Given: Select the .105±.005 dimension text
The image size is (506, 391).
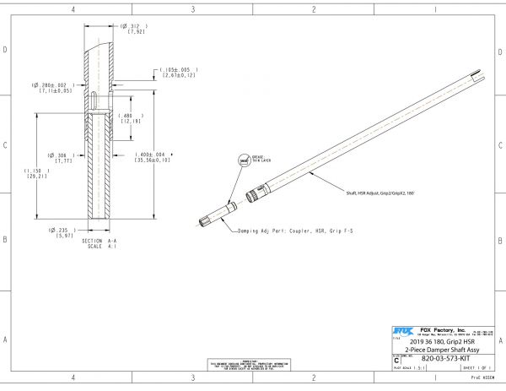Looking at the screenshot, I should click(179, 73).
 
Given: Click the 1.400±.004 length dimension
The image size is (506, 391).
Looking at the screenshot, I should click(153, 158).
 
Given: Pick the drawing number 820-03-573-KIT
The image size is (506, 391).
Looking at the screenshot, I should click(444, 359).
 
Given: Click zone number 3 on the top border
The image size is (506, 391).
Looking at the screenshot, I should click(193, 9).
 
